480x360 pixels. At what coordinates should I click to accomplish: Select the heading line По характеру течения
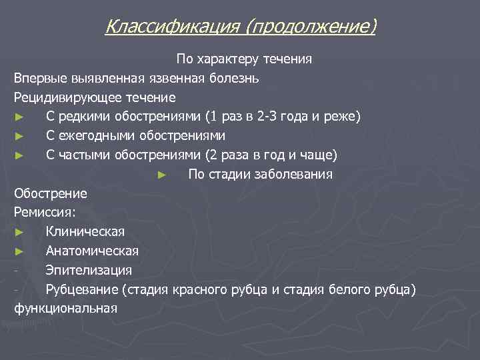tap(244, 59)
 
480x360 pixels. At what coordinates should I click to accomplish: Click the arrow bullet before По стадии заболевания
tap(161, 175)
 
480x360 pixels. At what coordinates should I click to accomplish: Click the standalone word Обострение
tap(51, 194)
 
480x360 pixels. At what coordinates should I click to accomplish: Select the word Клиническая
tap(85, 232)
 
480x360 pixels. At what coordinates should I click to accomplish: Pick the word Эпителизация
tap(89, 271)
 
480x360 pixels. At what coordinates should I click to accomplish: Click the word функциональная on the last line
tap(65, 309)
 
